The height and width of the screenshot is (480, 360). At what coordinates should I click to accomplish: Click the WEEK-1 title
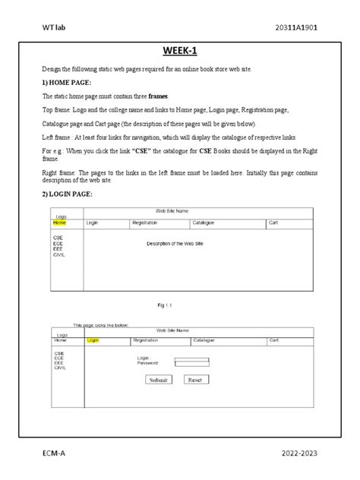point(180,51)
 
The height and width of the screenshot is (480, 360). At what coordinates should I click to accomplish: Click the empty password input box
point(191,362)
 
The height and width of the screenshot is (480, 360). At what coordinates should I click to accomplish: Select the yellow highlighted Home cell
point(59,224)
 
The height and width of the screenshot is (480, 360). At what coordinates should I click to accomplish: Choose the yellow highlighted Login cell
point(93,341)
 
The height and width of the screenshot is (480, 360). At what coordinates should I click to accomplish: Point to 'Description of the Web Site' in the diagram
point(179,244)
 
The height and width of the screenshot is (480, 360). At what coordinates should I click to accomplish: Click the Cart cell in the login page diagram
point(274,341)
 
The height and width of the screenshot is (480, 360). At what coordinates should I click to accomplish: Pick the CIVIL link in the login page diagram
point(60,368)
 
